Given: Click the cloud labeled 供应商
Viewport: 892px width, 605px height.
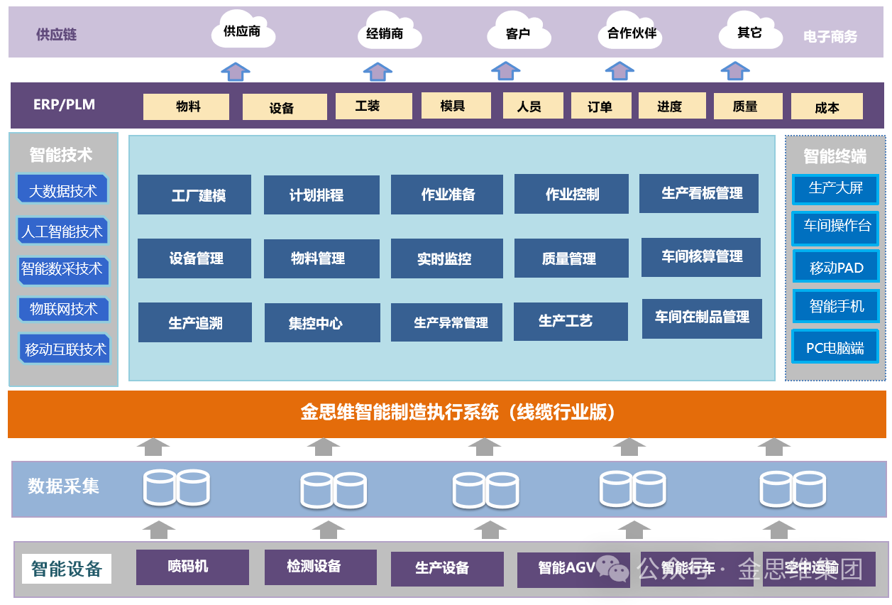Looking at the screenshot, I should [243, 31].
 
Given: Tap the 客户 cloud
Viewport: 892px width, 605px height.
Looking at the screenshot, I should [519, 33].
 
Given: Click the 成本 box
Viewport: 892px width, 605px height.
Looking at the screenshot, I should [827, 107].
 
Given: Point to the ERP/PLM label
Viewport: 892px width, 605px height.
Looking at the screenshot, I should [64, 104].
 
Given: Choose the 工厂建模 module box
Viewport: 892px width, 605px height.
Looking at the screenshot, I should [194, 195].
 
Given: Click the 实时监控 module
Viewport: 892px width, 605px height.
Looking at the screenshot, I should [446, 258].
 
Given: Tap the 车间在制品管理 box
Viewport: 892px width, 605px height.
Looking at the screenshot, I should [702, 318].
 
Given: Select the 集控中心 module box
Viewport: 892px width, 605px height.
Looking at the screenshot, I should [322, 323].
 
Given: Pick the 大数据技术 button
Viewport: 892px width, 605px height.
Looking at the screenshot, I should [62, 190].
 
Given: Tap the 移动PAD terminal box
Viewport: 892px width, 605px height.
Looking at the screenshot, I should [836, 268].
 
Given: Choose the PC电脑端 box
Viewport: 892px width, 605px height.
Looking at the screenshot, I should [835, 348].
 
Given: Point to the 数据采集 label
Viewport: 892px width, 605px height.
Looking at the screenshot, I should [63, 486].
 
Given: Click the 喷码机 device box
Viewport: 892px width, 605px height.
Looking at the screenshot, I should [188, 567].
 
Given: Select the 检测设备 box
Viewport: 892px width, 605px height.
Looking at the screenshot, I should [320, 567].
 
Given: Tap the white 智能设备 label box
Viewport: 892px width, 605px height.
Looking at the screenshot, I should [67, 569].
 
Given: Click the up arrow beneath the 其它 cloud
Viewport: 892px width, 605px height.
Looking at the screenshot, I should [734, 71].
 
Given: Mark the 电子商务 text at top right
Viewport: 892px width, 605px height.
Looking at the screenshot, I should [830, 36].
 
